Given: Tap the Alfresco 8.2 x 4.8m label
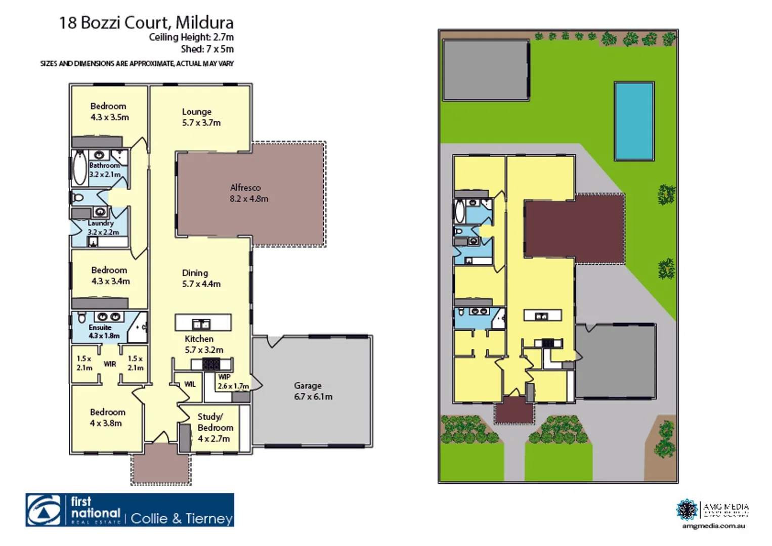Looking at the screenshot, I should point(248,193).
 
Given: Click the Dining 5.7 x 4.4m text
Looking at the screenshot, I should point(201,279).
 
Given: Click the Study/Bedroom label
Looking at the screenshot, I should point(215,428).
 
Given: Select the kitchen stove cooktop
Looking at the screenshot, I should point(211,363).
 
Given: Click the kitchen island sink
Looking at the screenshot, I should point(201,323).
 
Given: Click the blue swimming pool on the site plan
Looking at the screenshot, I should point(634,121).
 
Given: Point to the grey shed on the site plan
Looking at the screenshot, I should point(486,70).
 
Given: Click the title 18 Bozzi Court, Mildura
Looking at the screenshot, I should point(146,23).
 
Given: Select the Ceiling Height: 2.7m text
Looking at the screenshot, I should point(191,37).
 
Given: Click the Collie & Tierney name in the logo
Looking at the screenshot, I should point(182,519).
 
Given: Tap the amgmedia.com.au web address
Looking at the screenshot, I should point(713,526).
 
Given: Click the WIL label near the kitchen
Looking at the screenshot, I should point(190,384).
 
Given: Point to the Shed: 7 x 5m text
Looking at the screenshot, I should point(207,50).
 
